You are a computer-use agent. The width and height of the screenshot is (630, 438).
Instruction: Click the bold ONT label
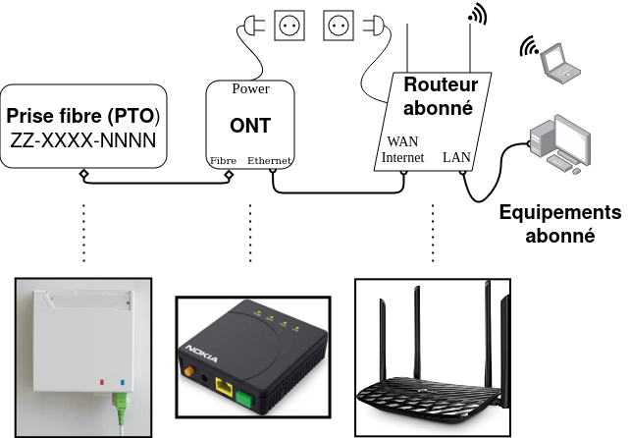tap(250, 125)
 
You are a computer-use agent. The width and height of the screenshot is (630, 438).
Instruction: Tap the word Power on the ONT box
tap(250, 89)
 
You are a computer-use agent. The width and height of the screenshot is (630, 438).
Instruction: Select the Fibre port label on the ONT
tap(223, 160)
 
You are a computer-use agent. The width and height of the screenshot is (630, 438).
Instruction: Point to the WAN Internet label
tap(402, 149)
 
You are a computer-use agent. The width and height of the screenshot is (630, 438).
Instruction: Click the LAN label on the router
tap(457, 156)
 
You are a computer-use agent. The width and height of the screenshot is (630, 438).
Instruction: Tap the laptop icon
tap(561, 61)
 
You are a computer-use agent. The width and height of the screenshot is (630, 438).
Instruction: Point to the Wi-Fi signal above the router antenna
tap(479, 15)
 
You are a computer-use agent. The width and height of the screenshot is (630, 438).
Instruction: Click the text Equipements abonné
tap(559, 224)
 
